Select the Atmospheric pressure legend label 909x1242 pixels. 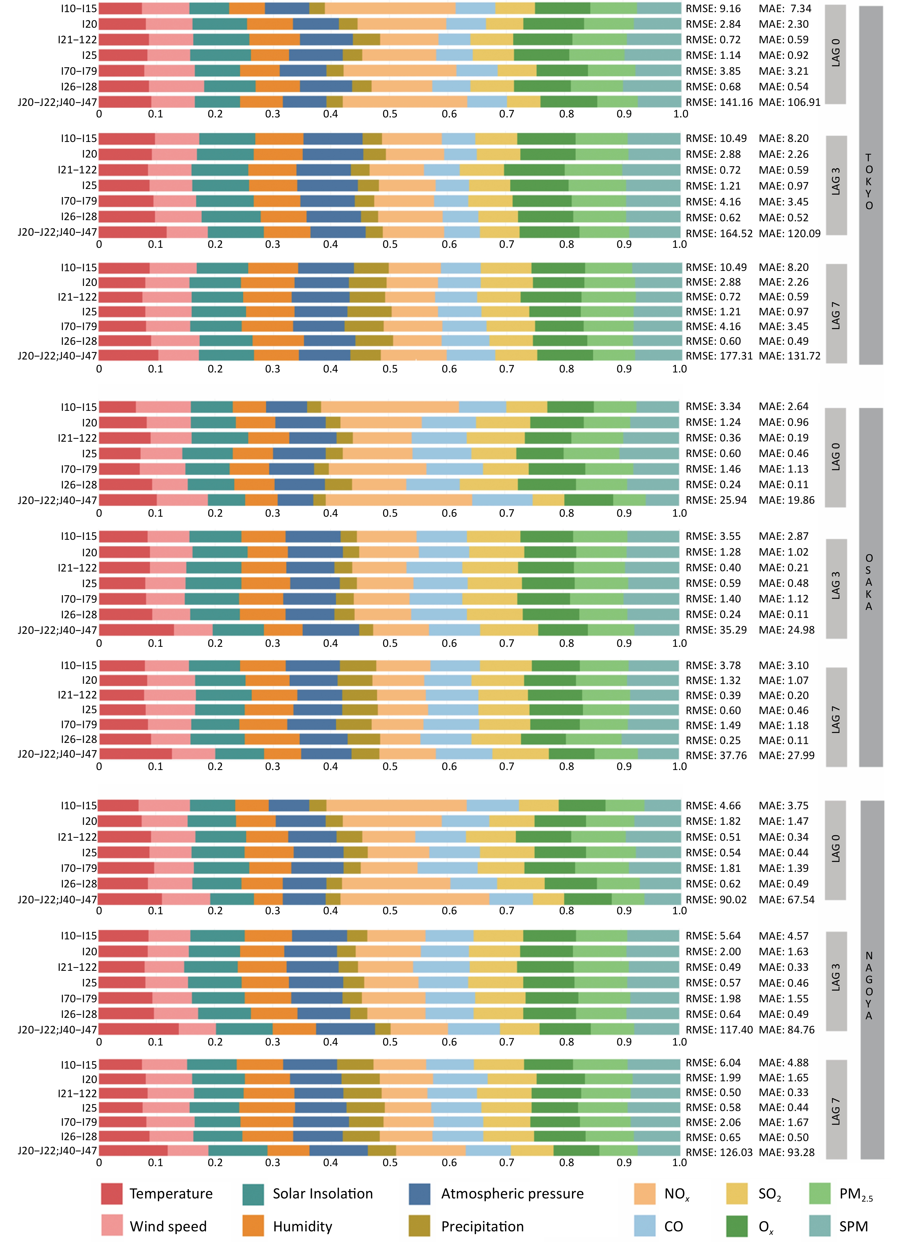[x=512, y=1194]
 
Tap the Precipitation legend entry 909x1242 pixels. [x=482, y=1227]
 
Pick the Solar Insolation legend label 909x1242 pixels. [x=322, y=1194]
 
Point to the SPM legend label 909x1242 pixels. [x=853, y=1227]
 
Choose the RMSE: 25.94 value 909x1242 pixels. [x=716, y=500]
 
